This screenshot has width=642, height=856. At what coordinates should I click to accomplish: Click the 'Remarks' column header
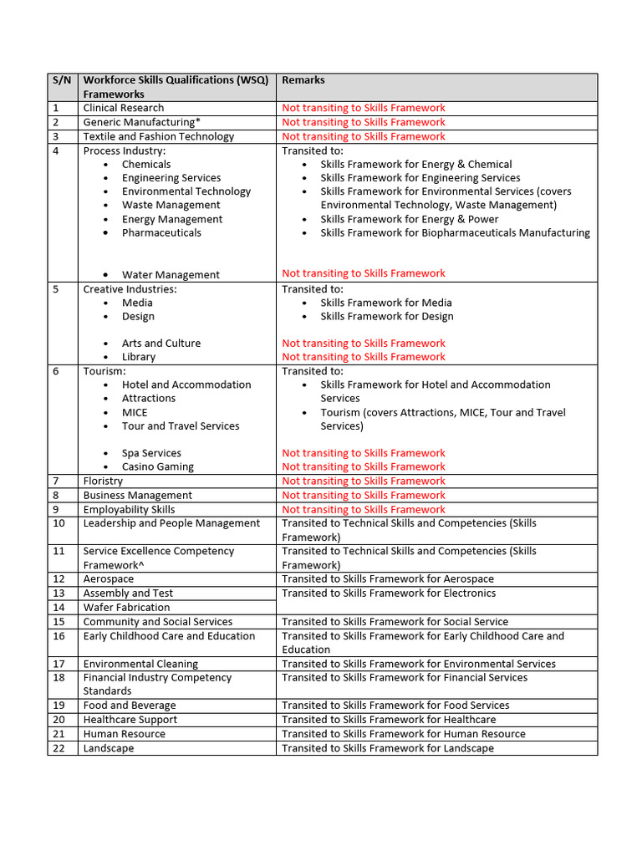point(303,80)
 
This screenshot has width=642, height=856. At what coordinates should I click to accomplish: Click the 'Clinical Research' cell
point(124,108)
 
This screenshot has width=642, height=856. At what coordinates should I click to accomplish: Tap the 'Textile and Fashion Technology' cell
point(159,136)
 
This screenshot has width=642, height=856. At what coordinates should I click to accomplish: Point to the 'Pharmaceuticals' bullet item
point(161,233)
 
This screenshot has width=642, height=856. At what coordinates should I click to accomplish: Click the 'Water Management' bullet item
point(171,275)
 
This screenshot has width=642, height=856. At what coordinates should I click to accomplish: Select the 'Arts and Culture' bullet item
point(161,344)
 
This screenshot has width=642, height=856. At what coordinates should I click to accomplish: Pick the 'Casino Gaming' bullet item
point(157,467)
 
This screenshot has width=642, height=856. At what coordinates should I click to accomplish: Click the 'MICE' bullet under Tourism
point(135,413)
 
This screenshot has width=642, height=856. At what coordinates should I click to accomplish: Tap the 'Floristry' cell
point(103,481)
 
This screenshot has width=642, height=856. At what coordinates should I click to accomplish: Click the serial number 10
point(59,523)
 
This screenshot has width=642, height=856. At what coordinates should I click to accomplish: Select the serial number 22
point(59,748)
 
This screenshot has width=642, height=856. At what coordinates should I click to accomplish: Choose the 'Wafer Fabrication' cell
point(126,608)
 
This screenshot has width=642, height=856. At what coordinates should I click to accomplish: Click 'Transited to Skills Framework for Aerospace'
point(388,579)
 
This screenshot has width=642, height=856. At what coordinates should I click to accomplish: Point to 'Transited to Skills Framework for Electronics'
point(389,594)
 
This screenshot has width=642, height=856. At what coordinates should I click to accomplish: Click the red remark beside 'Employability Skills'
point(364,510)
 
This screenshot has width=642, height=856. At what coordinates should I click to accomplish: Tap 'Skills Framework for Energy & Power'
point(409,219)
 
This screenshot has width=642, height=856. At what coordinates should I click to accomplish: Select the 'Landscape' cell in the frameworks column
point(109,748)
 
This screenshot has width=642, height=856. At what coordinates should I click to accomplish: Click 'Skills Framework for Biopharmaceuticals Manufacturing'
point(455,233)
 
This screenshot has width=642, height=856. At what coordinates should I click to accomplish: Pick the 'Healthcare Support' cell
point(130,720)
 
